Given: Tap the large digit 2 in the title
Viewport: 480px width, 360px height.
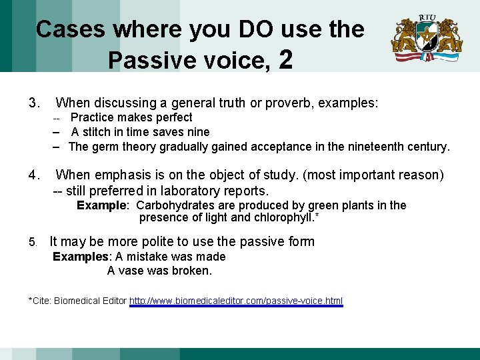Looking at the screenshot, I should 286,60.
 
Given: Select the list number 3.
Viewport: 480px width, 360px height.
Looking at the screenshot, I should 34,103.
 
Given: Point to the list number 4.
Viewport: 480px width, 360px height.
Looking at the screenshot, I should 34,175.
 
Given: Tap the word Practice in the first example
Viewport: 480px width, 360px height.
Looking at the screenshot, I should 93,118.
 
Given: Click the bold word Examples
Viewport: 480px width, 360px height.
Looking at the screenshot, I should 81,257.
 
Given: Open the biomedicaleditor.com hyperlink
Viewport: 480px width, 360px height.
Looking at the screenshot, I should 236,301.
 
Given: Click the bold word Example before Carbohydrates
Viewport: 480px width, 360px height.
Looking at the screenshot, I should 101,205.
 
